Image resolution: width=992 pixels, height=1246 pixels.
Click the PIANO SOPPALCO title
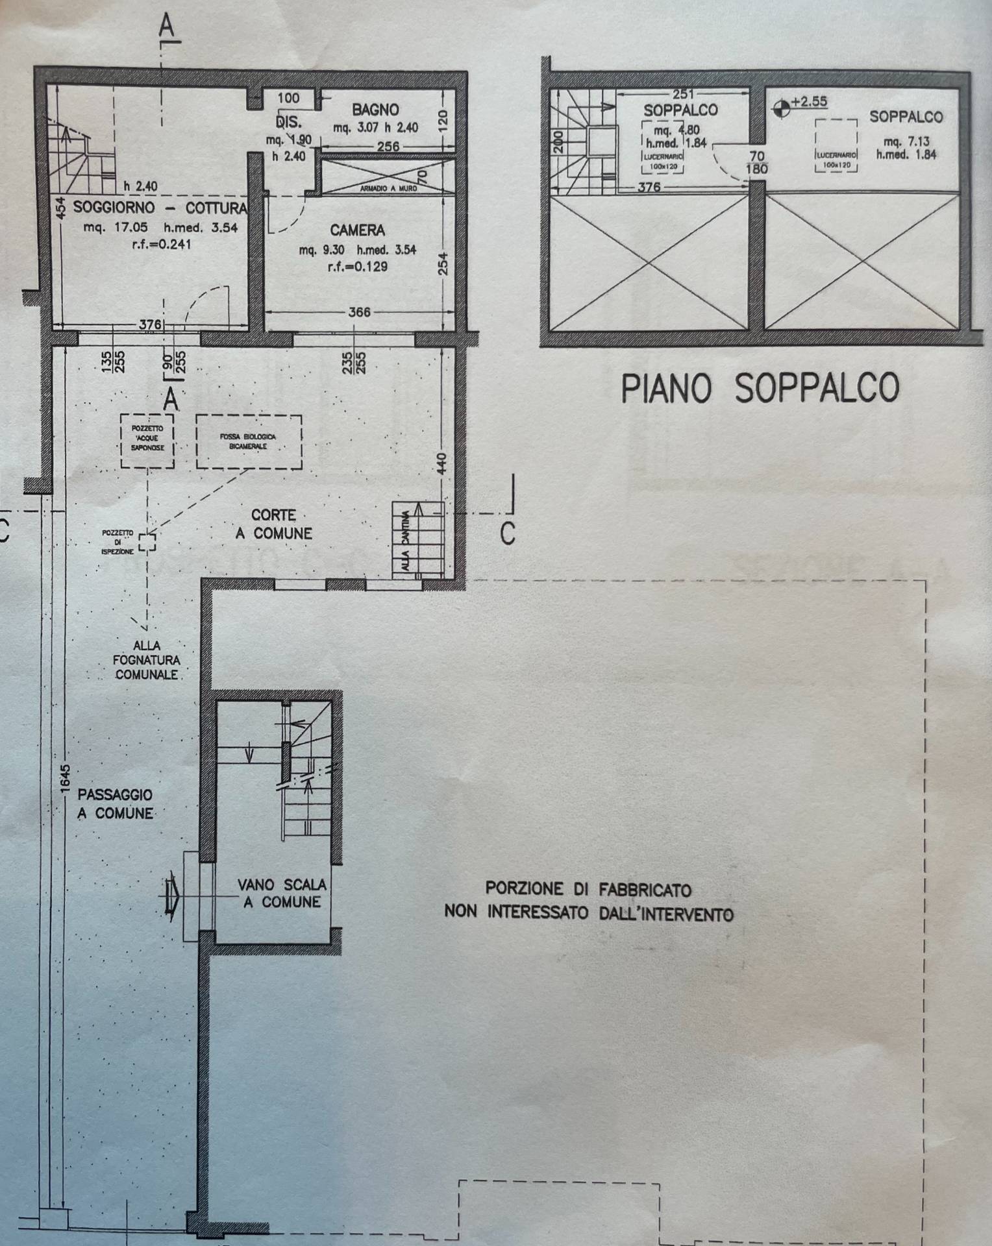click(760, 388)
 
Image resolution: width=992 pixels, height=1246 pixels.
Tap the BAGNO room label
click(375, 109)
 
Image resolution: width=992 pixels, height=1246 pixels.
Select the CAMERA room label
click(357, 230)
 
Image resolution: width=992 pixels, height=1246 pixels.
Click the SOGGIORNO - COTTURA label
click(160, 208)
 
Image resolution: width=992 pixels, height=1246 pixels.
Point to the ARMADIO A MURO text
click(388, 189)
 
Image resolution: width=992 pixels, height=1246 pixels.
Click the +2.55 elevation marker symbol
click(782, 108)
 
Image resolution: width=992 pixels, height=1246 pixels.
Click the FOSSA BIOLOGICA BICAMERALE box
click(248, 442)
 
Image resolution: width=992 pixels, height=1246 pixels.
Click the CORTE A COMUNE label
click(274, 524)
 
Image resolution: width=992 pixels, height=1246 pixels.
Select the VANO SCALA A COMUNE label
click(282, 893)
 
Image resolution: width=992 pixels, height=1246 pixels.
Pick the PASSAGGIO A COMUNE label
click(116, 803)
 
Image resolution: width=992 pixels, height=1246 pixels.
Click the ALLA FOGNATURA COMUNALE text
click(147, 660)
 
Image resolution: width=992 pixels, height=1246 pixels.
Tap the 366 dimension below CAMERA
click(359, 312)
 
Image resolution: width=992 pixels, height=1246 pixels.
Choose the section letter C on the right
click(508, 533)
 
